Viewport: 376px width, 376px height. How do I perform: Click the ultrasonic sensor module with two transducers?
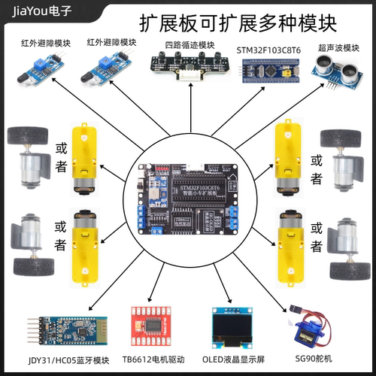(338, 74)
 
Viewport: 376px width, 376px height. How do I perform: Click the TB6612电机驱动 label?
(153, 359)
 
